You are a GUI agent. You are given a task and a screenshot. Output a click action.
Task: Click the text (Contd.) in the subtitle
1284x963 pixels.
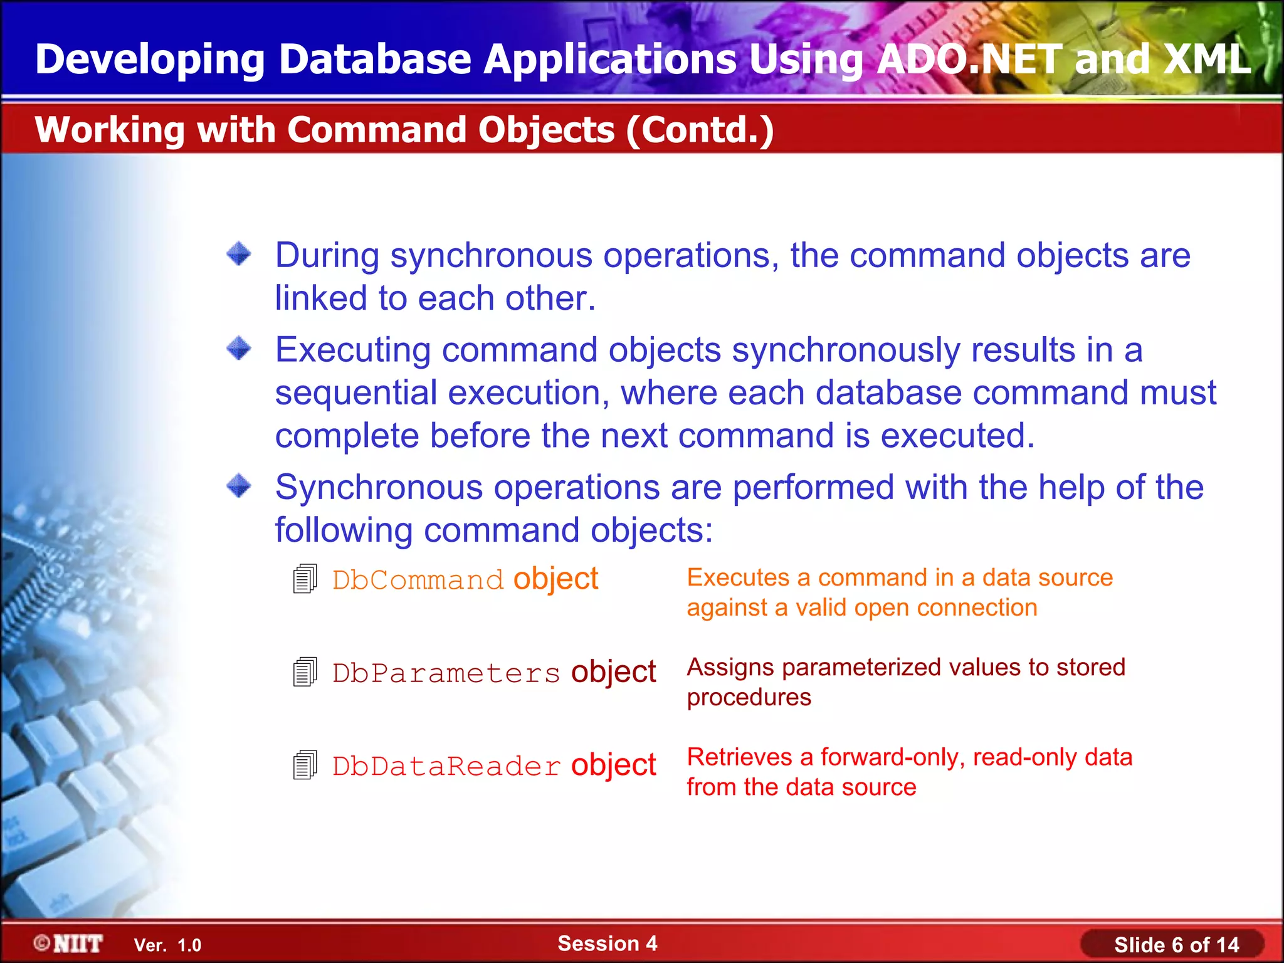pos(700,130)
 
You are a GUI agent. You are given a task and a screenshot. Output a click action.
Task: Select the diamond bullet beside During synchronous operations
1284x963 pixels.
pos(239,254)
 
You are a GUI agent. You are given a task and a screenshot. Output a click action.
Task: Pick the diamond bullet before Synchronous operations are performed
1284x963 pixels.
pos(239,486)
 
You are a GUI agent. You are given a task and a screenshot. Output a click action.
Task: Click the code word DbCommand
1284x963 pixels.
pos(418,580)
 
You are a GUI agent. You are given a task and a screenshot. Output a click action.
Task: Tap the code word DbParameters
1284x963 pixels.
pos(446,673)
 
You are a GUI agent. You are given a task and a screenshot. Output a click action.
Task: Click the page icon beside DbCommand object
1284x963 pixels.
pos(305,579)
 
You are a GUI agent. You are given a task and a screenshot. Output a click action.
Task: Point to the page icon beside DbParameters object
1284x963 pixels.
pos(305,672)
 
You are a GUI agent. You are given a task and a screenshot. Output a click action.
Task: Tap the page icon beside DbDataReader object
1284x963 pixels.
pos(305,765)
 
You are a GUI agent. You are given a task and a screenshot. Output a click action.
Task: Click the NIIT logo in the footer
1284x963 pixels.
pos(68,944)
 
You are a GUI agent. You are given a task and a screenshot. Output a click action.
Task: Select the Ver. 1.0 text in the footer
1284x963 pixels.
pos(167,945)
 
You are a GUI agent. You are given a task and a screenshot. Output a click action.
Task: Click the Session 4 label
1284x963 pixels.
pos(607,944)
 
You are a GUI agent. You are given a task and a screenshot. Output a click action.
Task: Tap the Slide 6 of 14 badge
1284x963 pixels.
pos(1176,945)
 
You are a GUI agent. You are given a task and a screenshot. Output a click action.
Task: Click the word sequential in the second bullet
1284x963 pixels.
pos(355,394)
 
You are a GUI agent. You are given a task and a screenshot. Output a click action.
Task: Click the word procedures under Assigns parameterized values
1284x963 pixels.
pos(749,698)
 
